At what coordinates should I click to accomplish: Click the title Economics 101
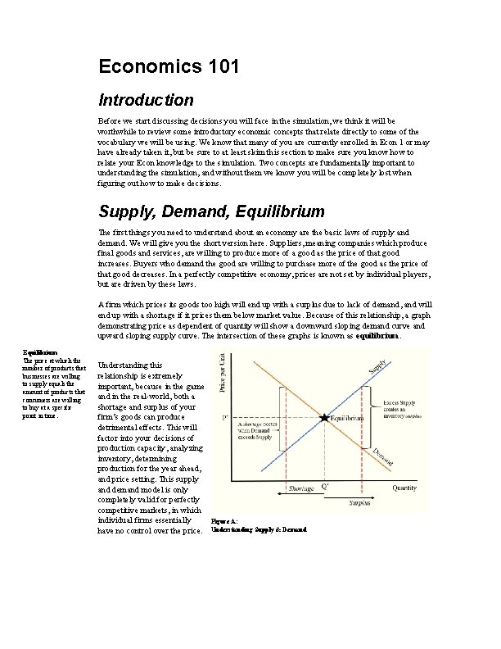(x=169, y=66)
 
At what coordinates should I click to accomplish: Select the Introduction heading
(x=146, y=101)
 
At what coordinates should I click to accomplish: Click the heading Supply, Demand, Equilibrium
(x=211, y=211)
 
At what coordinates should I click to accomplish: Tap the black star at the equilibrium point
(x=325, y=417)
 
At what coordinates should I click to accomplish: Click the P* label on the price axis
(x=225, y=417)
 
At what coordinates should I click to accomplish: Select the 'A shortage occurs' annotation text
(x=259, y=432)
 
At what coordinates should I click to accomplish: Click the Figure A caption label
(x=225, y=520)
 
